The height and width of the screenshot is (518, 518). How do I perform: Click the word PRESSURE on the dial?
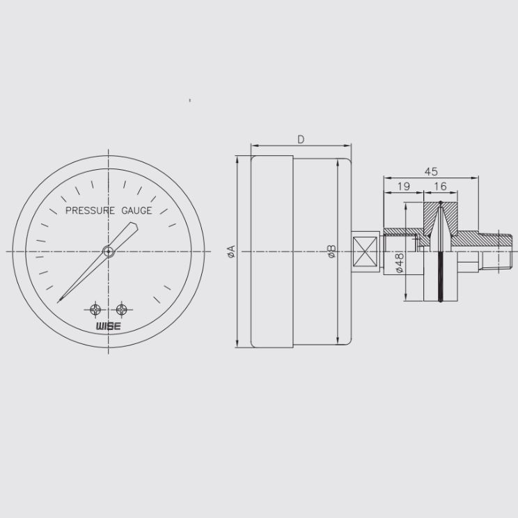click(91, 210)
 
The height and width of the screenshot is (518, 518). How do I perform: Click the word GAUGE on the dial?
click(136, 210)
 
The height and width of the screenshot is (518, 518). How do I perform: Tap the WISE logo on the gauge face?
click(109, 327)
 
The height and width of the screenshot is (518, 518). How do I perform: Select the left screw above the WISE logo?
click(95, 310)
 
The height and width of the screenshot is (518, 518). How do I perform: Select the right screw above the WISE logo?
click(122, 310)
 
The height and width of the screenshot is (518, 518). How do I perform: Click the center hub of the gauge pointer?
click(109, 252)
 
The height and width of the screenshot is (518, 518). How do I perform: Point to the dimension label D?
click(301, 140)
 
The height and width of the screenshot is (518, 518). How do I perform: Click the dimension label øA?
click(232, 251)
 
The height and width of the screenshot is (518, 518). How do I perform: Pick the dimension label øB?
click(331, 251)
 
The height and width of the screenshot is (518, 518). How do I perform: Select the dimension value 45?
click(431, 172)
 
